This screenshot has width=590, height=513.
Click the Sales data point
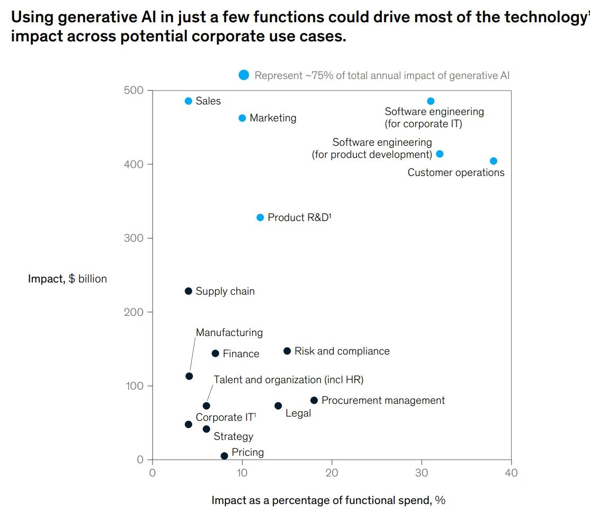(189, 101)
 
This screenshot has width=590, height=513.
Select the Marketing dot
(242, 118)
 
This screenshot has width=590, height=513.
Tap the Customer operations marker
(494, 161)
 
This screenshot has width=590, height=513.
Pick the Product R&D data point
(260, 217)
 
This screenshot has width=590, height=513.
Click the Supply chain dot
(189, 291)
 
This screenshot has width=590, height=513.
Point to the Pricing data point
(224, 456)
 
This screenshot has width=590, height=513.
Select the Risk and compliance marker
(287, 351)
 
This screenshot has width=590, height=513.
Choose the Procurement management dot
(314, 400)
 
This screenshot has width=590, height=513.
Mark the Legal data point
(278, 406)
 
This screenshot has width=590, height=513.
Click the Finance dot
(215, 353)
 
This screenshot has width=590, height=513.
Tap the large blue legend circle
(244, 75)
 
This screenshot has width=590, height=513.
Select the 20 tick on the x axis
(332, 473)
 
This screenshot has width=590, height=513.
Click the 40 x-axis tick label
(511, 473)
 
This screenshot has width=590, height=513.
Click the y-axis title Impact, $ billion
(67, 279)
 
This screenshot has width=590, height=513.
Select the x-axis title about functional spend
(328, 500)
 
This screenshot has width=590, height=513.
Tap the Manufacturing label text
(229, 333)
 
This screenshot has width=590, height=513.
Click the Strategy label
(233, 437)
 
